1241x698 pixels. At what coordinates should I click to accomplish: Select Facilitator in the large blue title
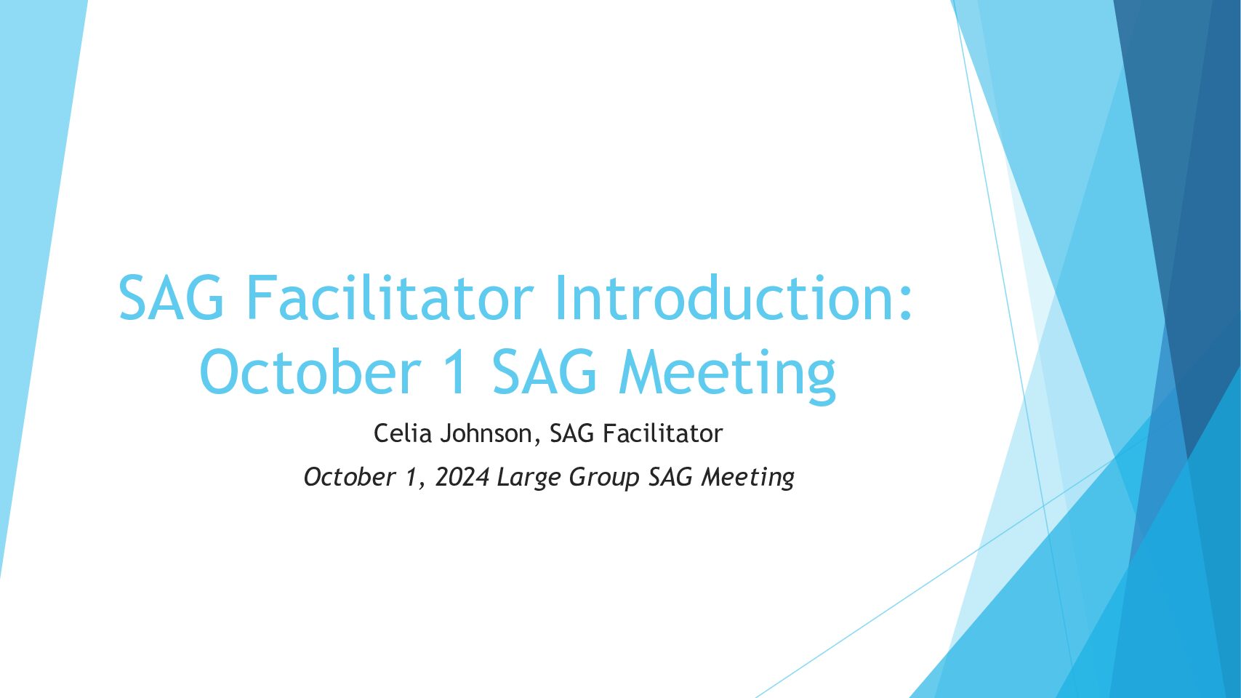[390, 297]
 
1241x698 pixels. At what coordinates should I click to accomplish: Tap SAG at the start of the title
[171, 297]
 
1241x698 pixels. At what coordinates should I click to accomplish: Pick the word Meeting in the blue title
[728, 376]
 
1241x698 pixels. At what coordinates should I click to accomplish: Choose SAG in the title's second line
[544, 372]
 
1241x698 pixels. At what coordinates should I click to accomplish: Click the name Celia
[403, 433]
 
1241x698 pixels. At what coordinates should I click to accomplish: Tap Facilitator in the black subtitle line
[662, 433]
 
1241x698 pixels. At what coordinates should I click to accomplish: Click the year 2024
[462, 477]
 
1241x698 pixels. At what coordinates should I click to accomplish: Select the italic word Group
[604, 478]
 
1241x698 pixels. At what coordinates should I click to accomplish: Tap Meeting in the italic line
[747, 478]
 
